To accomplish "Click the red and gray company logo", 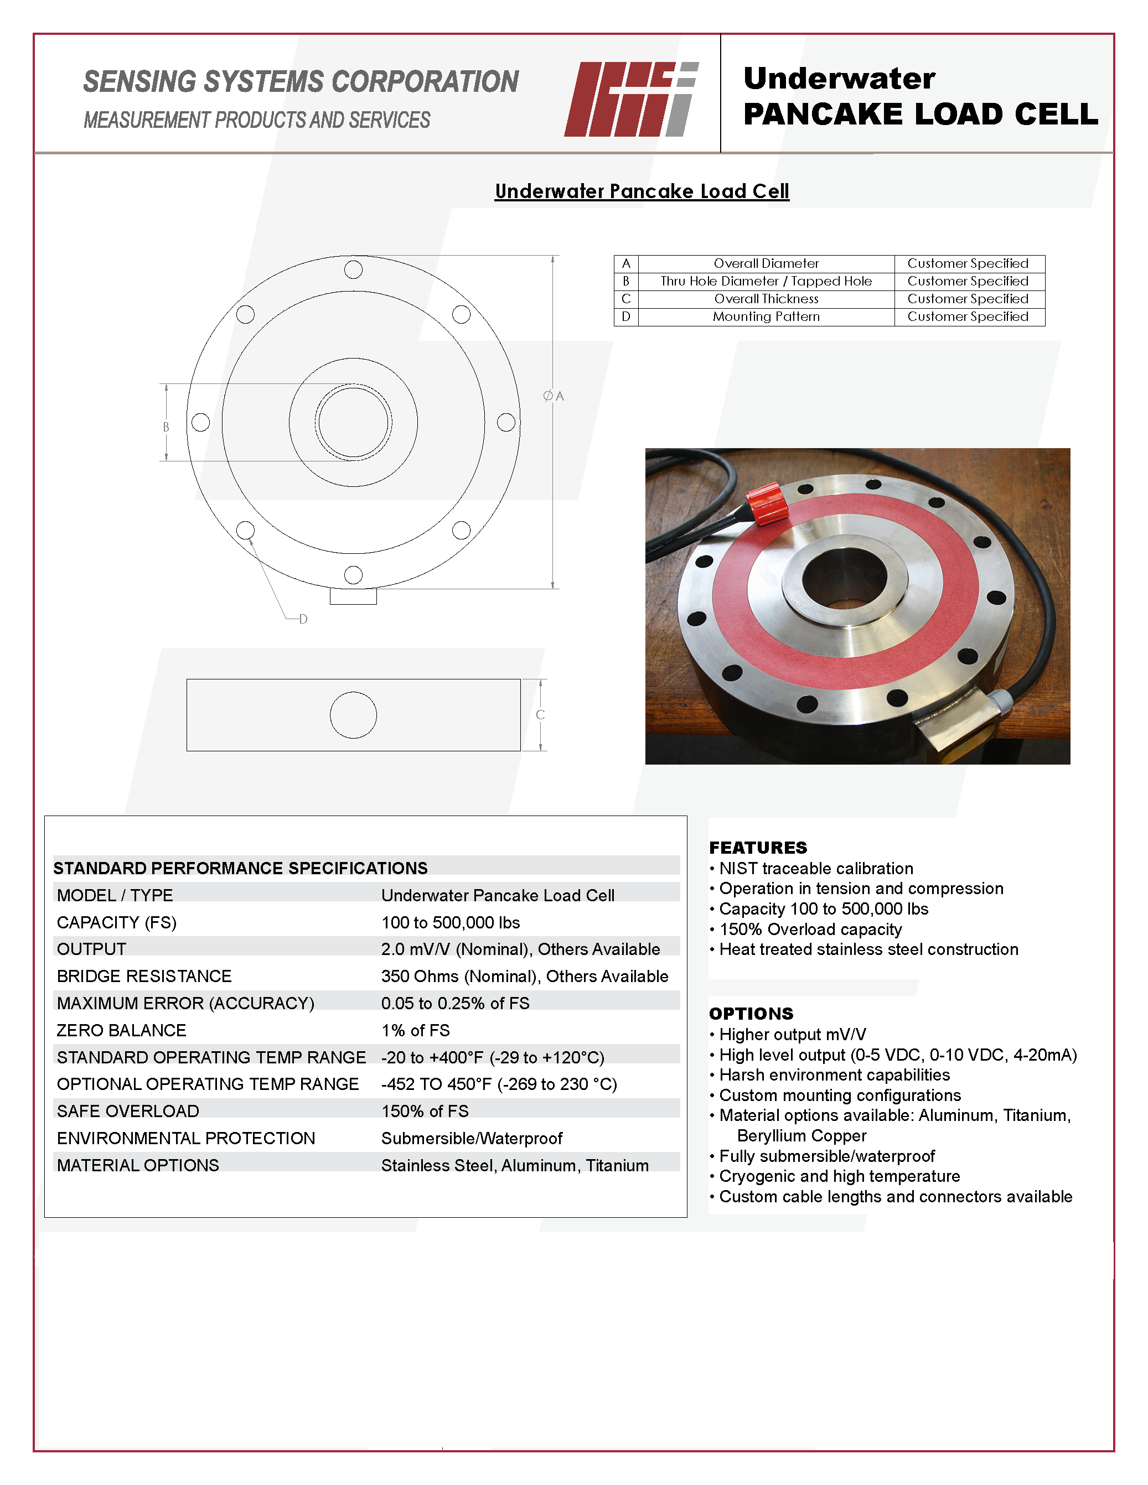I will click(630, 99).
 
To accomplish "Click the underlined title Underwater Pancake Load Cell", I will click(642, 191).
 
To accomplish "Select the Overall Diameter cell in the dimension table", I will click(766, 263).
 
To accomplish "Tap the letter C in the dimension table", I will click(625, 299).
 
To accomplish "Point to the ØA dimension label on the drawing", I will click(554, 396).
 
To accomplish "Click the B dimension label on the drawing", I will click(166, 427).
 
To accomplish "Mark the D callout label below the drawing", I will click(303, 619).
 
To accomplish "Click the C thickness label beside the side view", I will click(540, 715).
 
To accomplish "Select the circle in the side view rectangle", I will click(353, 715).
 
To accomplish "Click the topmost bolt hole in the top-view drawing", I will click(353, 269).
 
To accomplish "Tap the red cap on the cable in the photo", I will click(767, 502).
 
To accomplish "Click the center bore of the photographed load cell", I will click(844, 578).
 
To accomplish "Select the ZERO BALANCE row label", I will click(121, 1030).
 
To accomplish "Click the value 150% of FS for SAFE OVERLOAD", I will click(425, 1111).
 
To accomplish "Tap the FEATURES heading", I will click(758, 847).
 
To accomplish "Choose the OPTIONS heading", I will click(751, 1013).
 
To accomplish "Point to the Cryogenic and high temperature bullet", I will click(839, 1176).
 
